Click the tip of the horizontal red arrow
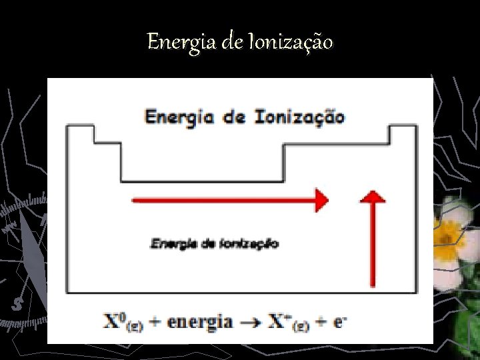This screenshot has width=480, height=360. [327, 200]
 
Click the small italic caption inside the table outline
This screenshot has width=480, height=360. [215, 243]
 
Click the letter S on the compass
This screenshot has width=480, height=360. [17, 305]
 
